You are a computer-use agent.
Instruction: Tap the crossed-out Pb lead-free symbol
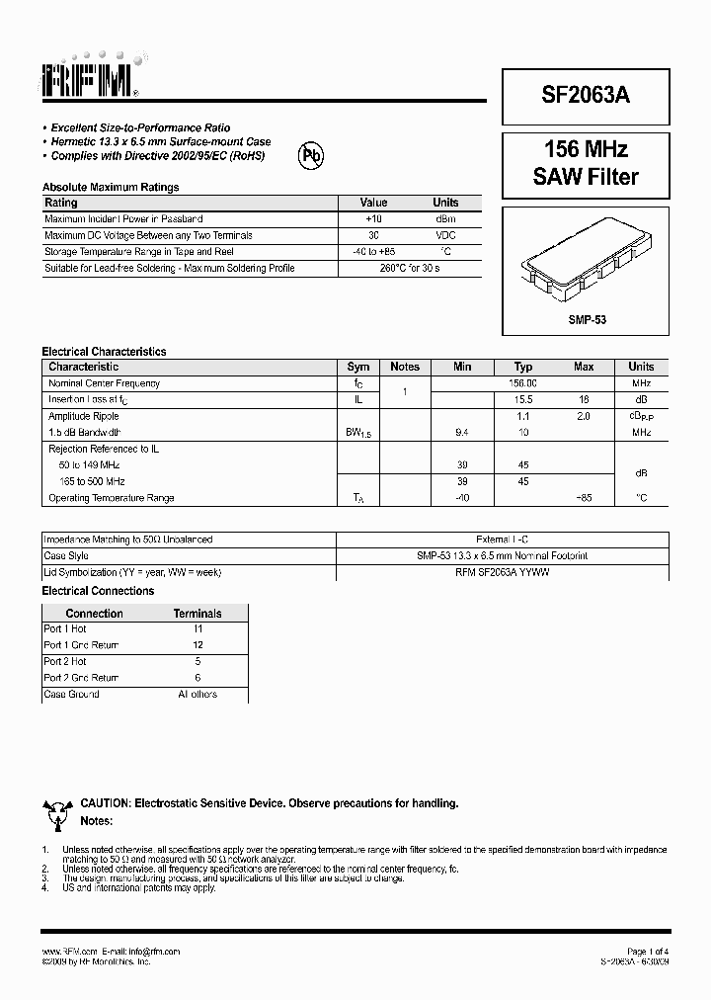click(312, 155)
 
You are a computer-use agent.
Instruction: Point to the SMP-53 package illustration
click(586, 260)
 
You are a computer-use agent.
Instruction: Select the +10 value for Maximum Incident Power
click(373, 218)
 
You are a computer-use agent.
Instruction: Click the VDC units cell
click(445, 235)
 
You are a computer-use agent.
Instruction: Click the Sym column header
click(358, 367)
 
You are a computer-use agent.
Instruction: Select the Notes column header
click(405, 367)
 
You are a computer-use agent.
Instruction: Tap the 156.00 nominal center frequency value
click(522, 383)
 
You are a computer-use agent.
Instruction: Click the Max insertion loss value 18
click(584, 399)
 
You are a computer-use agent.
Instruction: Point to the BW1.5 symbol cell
click(358, 434)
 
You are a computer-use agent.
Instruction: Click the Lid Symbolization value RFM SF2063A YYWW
click(502, 572)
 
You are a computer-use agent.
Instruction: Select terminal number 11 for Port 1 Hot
click(197, 628)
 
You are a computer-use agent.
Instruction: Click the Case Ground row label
click(71, 695)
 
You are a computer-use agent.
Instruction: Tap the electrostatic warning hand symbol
click(56, 814)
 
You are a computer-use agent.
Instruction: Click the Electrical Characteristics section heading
click(104, 351)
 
